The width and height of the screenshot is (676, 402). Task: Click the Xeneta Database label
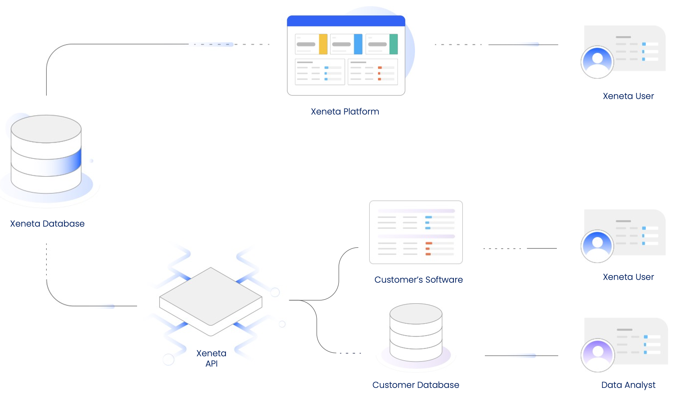[x=47, y=224]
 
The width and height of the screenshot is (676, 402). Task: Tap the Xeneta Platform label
[x=345, y=112]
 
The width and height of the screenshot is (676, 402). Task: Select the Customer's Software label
[x=418, y=280]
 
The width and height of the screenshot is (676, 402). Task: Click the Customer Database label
[x=416, y=385]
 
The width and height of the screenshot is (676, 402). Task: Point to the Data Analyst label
[x=628, y=385]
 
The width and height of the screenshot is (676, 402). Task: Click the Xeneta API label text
[x=211, y=358]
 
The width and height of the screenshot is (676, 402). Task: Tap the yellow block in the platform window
[x=323, y=44]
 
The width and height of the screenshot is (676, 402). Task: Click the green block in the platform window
[x=393, y=44]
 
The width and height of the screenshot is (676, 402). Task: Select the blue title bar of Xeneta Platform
[x=346, y=21]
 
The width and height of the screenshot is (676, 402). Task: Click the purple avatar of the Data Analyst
[x=598, y=355]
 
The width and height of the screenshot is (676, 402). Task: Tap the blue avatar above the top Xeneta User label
[x=597, y=62]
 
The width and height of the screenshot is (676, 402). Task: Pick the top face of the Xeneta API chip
[x=211, y=296]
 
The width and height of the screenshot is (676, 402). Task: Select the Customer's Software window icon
[x=416, y=232]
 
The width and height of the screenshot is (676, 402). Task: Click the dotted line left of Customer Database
[x=350, y=353]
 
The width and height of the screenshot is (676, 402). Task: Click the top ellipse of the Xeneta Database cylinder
[x=46, y=129]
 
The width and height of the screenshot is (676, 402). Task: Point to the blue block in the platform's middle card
[x=358, y=44]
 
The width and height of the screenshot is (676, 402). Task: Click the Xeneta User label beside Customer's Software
[x=628, y=277]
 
